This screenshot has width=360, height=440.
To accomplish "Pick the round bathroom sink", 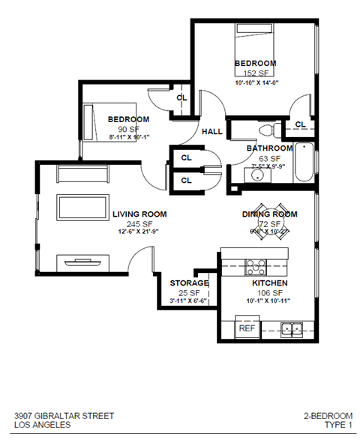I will click(x=256, y=177).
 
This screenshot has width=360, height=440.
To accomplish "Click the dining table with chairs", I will click(x=269, y=220).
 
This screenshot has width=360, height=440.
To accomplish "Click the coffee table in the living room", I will click(x=78, y=209).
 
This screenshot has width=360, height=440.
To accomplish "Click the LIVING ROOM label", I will click(x=139, y=214).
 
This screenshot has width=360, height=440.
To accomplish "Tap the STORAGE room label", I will click(x=188, y=283).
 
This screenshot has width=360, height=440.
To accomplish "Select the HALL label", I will click(x=211, y=132).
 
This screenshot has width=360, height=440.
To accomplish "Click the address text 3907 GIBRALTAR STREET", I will click(x=64, y=415).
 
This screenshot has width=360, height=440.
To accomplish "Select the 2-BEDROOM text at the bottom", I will click(x=328, y=415).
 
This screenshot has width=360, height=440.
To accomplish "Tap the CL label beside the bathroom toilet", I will click(x=300, y=124).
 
